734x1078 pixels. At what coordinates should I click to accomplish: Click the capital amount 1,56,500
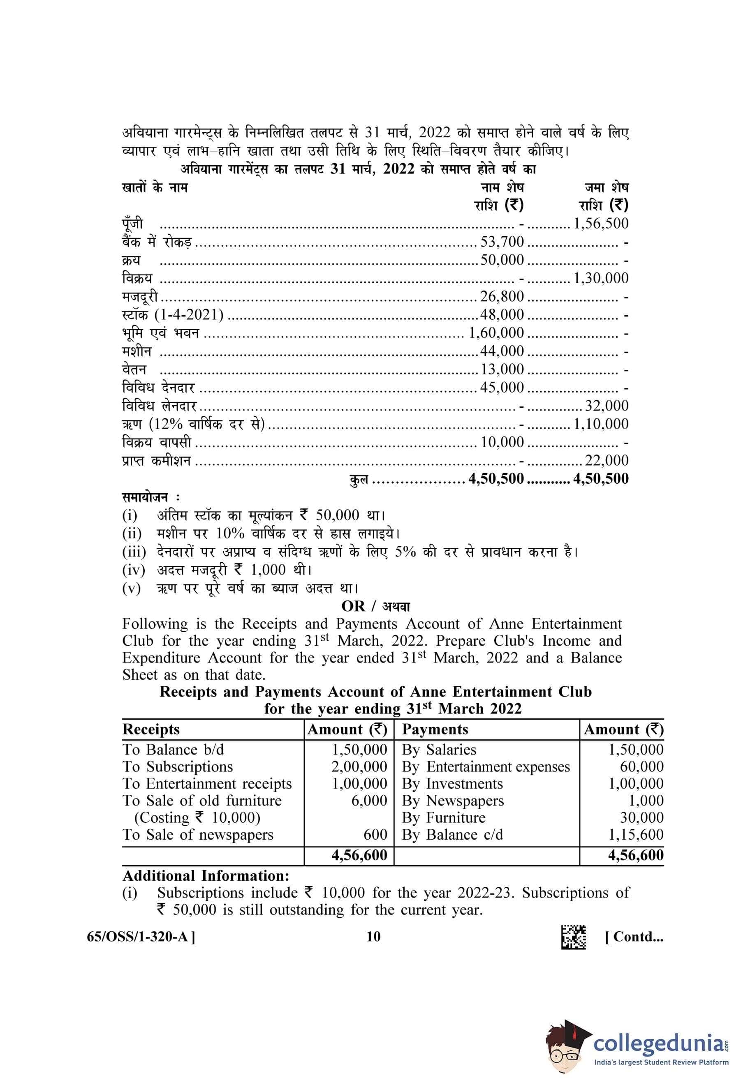pyautogui.click(x=601, y=224)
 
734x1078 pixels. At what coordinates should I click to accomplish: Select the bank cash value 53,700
pyautogui.click(x=502, y=242)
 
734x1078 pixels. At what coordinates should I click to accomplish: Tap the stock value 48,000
pyautogui.click(x=502, y=314)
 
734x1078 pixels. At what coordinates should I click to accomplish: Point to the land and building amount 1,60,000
pyautogui.click(x=496, y=332)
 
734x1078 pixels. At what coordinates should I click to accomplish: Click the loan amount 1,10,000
pyautogui.click(x=601, y=424)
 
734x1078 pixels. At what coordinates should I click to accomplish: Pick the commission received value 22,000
pyautogui.click(x=607, y=460)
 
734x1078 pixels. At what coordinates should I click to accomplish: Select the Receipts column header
pyautogui.click(x=151, y=729)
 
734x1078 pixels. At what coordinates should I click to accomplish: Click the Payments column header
pyautogui.click(x=435, y=729)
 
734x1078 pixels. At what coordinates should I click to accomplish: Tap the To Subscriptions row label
pyautogui.click(x=178, y=767)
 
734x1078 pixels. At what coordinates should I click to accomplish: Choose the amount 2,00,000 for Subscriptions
pyautogui.click(x=359, y=767)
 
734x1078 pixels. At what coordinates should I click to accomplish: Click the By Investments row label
pyautogui.click(x=452, y=784)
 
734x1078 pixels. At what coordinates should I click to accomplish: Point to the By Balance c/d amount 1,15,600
pyautogui.click(x=636, y=834)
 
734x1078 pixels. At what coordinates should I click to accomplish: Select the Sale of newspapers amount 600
pyautogui.click(x=375, y=834)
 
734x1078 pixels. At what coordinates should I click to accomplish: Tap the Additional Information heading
pyautogui.click(x=206, y=876)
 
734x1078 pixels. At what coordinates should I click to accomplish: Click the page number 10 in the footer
pyautogui.click(x=373, y=937)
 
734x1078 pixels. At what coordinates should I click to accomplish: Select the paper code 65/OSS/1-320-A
pyautogui.click(x=141, y=937)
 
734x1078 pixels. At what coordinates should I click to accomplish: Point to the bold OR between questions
pyautogui.click(x=353, y=606)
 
